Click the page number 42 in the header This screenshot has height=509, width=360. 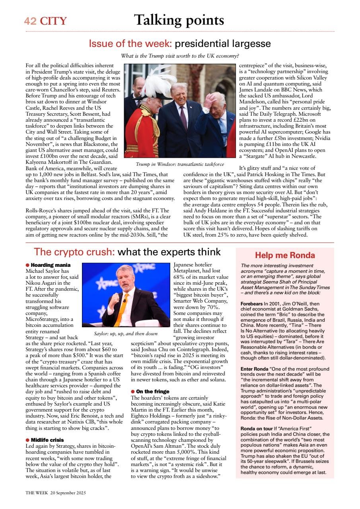(x=30, y=21)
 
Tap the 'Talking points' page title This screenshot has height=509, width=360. (x=179, y=20)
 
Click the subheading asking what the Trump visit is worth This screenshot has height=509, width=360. (x=180, y=56)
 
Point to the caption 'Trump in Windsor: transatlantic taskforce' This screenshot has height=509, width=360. (x=180, y=164)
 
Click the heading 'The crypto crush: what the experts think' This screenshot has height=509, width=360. (x=127, y=252)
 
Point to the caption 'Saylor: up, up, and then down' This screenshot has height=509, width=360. (x=126, y=334)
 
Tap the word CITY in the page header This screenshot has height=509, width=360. (x=53, y=21)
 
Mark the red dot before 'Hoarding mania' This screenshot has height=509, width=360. (x=27, y=265)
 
